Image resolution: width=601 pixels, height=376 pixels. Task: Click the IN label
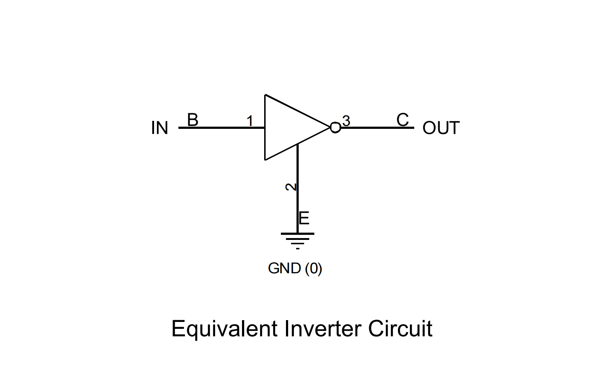pos(160,128)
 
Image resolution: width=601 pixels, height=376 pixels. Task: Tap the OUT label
pos(441,128)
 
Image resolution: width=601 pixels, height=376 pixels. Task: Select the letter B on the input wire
pos(193,120)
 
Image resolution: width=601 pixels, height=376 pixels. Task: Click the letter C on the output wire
pos(403,119)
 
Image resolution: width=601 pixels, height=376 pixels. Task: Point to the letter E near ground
pos(304,218)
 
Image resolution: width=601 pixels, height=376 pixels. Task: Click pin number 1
pos(250,121)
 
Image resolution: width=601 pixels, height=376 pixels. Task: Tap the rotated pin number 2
pos(291,187)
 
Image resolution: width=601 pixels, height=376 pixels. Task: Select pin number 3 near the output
pos(346,121)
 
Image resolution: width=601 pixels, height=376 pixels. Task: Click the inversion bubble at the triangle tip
pos(335,128)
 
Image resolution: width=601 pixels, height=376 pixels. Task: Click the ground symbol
pos(298,239)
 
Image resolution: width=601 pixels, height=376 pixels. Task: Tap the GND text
pos(285,269)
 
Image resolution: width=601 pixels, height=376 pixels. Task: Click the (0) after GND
pos(314,269)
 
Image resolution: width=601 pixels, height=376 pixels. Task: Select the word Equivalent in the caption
pos(225,329)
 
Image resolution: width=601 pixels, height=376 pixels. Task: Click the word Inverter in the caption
pos(323,329)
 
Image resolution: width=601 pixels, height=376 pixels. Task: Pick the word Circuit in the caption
pos(400,329)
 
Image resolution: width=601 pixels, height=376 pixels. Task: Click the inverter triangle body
pos(287,127)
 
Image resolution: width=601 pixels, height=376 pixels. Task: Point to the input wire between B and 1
pos(222,128)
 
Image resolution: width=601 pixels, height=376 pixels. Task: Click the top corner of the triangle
pos(266,95)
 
